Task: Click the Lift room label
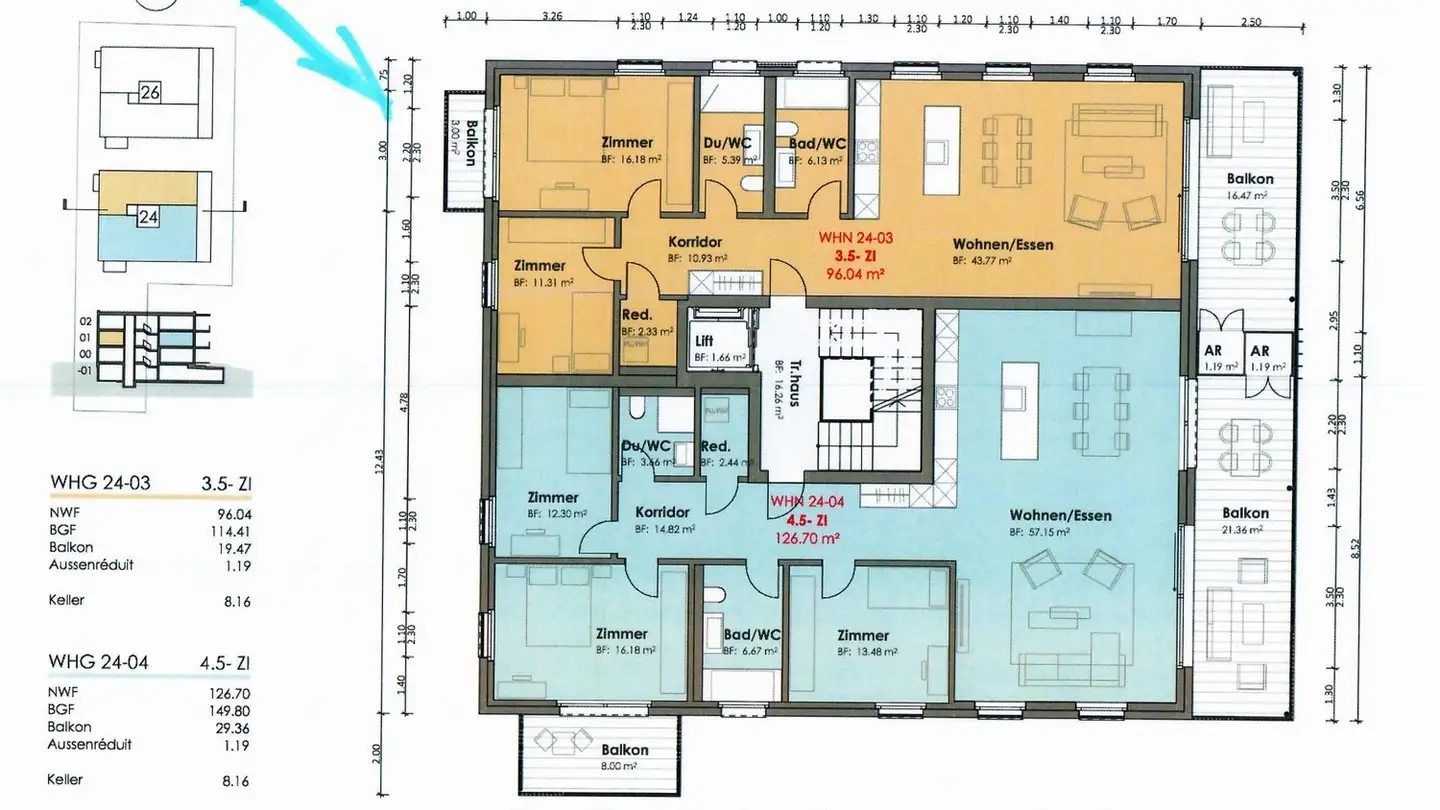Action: click(x=705, y=341)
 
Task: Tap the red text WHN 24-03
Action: click(x=855, y=238)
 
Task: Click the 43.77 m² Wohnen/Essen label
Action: click(x=1002, y=244)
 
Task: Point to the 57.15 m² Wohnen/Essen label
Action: click(x=1060, y=516)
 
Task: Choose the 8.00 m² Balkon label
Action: click(x=625, y=749)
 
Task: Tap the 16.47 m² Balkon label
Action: click(x=1247, y=179)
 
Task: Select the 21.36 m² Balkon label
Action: click(x=1245, y=513)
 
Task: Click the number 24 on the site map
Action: click(x=148, y=216)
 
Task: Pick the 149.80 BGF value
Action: click(x=233, y=709)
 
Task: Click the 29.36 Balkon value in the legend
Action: click(x=233, y=727)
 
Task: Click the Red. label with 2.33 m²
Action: click(x=637, y=314)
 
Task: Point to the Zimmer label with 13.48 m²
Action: click(x=863, y=635)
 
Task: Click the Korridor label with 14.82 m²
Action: click(x=662, y=513)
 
